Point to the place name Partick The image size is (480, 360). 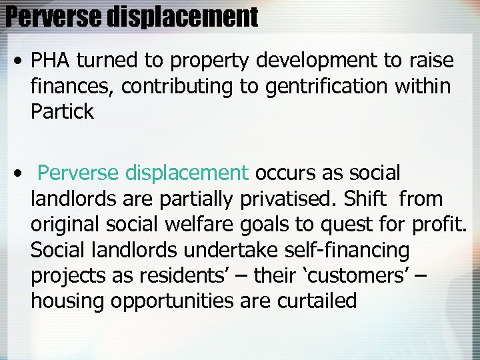(62, 111)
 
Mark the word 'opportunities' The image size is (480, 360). (173, 301)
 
